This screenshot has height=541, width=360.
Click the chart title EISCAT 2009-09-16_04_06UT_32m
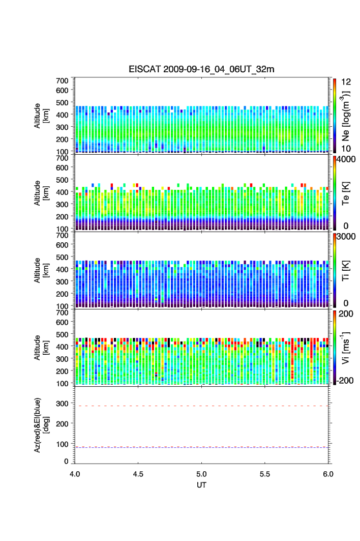tap(202, 70)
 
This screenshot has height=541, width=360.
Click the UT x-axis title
tap(202, 485)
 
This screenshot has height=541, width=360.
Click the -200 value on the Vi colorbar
tap(346, 381)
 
